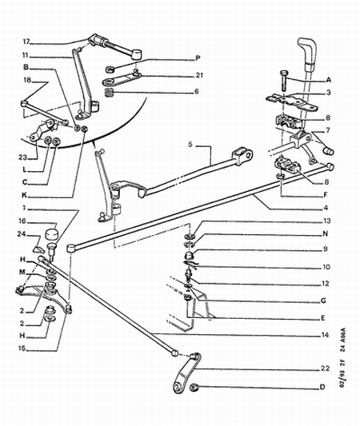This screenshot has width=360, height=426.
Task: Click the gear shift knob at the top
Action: [x=307, y=51]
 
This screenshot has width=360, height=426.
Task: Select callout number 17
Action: [x=26, y=42]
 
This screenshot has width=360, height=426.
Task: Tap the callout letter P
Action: [x=198, y=58]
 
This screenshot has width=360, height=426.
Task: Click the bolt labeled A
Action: [x=283, y=81]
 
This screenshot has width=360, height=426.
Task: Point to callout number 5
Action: [x=190, y=144]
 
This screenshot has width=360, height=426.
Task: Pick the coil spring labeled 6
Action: [x=109, y=93]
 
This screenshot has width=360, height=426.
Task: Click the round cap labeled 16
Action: [x=51, y=234]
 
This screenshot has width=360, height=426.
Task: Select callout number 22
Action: [x=325, y=368]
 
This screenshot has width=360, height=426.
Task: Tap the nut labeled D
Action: [x=194, y=387]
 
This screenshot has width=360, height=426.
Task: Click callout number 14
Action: [x=325, y=335]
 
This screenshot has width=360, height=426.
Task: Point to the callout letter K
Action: [x=25, y=195]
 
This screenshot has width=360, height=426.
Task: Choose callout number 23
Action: [x=22, y=157]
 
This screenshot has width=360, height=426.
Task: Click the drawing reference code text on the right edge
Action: [x=343, y=357]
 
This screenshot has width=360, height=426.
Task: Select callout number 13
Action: [x=327, y=221]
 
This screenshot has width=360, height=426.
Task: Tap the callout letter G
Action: [x=323, y=301]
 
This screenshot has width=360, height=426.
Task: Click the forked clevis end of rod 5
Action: [x=242, y=156]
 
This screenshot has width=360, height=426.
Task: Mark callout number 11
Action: [x=26, y=55]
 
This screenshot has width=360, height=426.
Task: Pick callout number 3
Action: [x=329, y=93]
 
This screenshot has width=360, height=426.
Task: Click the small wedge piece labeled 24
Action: [x=38, y=249]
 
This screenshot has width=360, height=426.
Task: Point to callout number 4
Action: [x=326, y=208]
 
